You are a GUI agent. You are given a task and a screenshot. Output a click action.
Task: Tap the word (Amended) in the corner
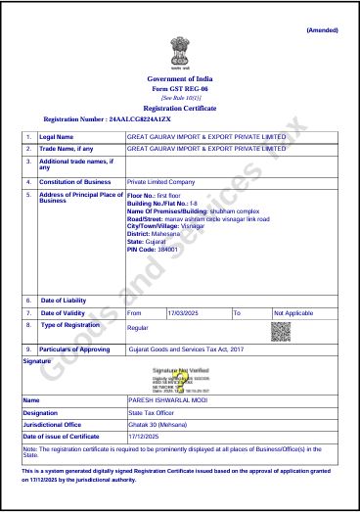point(322,30)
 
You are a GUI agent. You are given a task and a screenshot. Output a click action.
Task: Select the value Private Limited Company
point(161,182)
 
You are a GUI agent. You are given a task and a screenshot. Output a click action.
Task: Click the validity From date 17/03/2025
point(184,312)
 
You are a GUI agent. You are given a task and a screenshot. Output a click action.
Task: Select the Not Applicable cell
point(293,312)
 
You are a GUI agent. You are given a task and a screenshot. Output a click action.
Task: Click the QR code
point(281,331)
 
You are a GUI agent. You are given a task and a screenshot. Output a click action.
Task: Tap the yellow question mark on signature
point(180,378)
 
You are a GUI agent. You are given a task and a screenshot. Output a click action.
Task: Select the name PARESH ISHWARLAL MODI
point(167,400)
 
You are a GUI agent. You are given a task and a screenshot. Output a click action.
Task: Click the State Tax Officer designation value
point(155,413)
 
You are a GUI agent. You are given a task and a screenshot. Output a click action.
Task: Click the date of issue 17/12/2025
point(145,436)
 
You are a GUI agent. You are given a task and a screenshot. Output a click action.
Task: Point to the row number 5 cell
point(28,194)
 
